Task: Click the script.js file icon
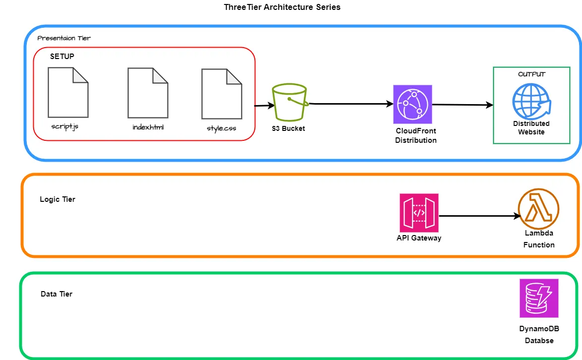68,92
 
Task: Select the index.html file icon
148,93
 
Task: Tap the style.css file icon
222,94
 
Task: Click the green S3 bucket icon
290,103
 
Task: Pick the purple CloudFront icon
412,104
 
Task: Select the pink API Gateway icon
419,213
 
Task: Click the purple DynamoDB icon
539,298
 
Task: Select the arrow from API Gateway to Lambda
478,216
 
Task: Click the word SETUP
62,57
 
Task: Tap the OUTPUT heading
531,74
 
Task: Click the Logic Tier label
58,199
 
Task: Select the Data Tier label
57,294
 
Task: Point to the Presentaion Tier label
64,38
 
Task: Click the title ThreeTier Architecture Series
282,7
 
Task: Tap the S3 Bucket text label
289,128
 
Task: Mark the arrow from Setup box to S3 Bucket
264,106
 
